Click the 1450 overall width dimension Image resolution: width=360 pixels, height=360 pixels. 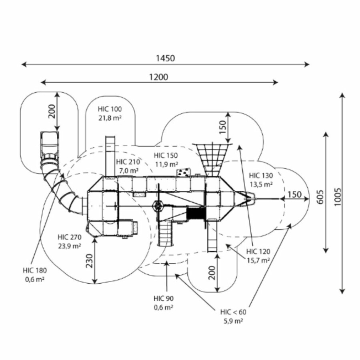[x=165, y=58]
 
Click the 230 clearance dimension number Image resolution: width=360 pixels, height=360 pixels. [x=90, y=262]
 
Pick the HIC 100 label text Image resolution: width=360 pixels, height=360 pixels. [x=110, y=109]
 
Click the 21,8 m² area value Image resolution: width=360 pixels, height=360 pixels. [x=110, y=118]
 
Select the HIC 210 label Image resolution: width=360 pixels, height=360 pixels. [x=128, y=162]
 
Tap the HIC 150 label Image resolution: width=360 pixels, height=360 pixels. [x=166, y=156]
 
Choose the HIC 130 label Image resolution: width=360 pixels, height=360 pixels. [x=261, y=176]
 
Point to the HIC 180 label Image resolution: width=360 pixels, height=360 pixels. [x=35, y=270]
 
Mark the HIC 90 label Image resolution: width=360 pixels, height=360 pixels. [x=163, y=298]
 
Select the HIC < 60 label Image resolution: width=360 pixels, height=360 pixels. [x=233, y=312]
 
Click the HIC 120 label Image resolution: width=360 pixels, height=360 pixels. [x=258, y=251]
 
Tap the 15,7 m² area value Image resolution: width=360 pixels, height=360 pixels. [x=258, y=260]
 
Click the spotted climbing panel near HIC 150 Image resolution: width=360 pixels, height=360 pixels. [x=184, y=172]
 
